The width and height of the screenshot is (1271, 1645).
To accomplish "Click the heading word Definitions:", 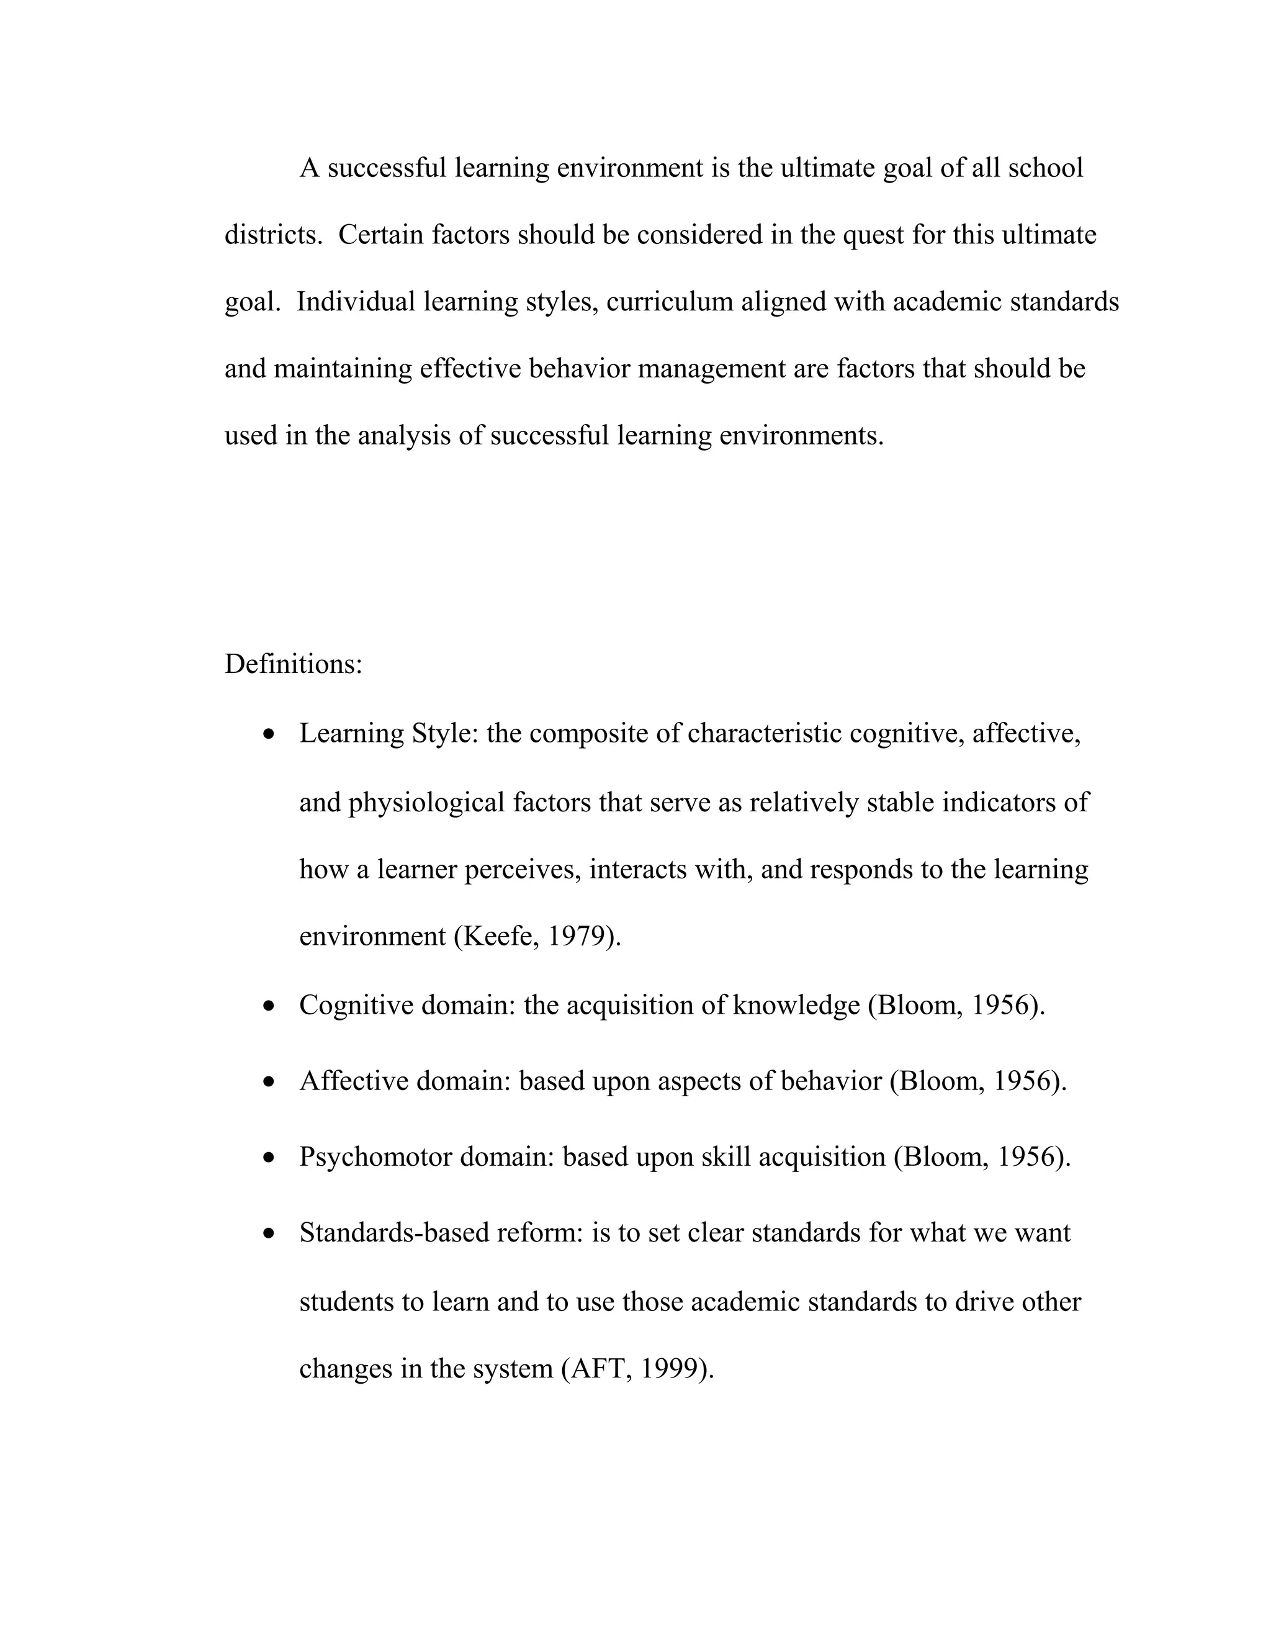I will tap(293, 664).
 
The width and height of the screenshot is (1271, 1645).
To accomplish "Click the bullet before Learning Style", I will tap(269, 734).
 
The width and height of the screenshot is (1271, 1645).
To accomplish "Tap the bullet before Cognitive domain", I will tap(269, 1006).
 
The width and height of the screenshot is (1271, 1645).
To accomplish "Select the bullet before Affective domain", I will tap(269, 1083).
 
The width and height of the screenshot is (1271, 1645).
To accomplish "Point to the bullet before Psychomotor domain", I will tap(269, 1158).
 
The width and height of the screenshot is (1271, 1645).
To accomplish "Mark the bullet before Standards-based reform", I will tap(269, 1234).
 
